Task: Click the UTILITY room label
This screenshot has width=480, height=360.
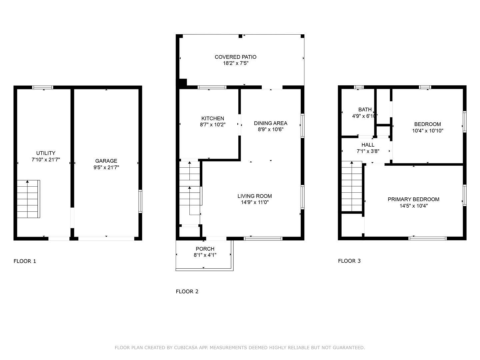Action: (x=46, y=153)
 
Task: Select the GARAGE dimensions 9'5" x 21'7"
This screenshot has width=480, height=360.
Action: (x=106, y=167)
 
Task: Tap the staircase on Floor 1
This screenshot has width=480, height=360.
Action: (x=28, y=199)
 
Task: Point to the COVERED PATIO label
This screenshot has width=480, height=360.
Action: (x=236, y=57)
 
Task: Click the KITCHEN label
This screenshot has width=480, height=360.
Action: (x=213, y=118)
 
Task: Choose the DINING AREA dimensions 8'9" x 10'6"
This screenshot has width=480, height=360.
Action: (x=271, y=129)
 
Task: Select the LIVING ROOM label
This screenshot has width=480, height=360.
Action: (x=255, y=196)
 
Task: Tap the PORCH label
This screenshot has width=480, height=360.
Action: (x=205, y=249)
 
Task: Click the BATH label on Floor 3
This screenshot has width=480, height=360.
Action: (x=365, y=110)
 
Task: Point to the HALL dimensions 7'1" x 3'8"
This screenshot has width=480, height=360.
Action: (x=368, y=151)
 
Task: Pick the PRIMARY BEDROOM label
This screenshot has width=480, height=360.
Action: (x=413, y=199)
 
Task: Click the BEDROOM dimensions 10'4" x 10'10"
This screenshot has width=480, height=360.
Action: (x=428, y=131)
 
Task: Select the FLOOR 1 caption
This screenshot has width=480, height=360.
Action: (x=25, y=261)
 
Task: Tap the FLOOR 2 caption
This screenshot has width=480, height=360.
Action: (x=187, y=291)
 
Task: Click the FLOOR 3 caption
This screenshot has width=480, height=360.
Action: (x=349, y=261)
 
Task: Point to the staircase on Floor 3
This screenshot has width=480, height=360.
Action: (x=352, y=186)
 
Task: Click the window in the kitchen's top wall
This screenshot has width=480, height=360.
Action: (x=212, y=87)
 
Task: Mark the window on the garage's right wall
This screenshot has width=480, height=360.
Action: (x=140, y=201)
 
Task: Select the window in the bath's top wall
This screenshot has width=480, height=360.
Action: (x=359, y=87)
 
